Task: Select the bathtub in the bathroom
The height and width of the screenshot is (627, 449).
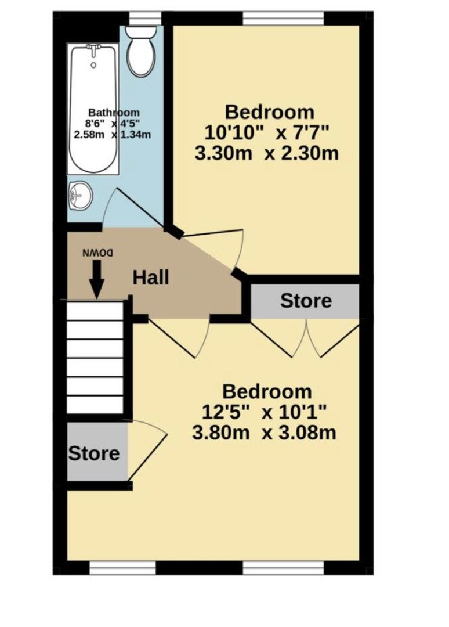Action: (93, 109)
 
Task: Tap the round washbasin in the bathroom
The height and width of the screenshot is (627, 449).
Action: (80, 196)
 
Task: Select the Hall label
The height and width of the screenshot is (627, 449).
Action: (151, 277)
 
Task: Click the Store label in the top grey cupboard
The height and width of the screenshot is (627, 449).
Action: (306, 301)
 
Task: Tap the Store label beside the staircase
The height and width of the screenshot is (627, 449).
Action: (94, 453)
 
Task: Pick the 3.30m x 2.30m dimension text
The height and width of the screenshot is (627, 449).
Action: (266, 153)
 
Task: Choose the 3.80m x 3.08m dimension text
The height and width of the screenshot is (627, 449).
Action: (264, 433)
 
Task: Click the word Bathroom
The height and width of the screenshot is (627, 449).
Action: (114, 113)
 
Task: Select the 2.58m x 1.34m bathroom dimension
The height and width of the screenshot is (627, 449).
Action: (113, 134)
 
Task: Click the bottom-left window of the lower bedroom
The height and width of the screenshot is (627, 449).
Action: (122, 567)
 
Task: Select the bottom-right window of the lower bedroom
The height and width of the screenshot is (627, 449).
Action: (283, 567)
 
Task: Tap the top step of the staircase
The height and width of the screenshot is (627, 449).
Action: (95, 311)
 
